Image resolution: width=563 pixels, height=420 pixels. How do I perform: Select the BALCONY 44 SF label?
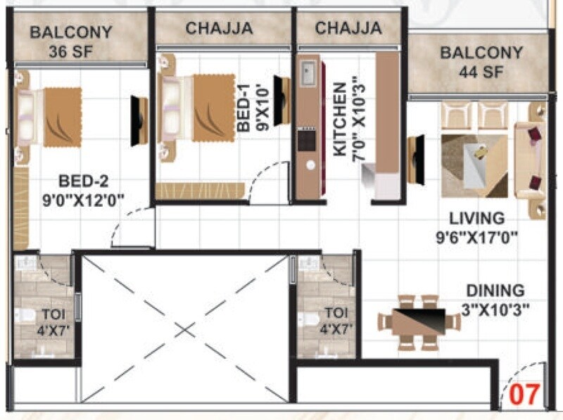(481, 62)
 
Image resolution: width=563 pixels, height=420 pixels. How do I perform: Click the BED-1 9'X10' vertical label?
(252, 106)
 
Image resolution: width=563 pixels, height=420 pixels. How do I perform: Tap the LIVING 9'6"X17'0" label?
(477, 227)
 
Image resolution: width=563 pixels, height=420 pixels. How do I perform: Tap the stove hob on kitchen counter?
(307, 140)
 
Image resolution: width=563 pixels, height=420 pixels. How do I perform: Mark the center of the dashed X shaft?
(184, 329)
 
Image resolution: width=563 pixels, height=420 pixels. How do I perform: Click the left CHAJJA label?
(219, 28)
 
